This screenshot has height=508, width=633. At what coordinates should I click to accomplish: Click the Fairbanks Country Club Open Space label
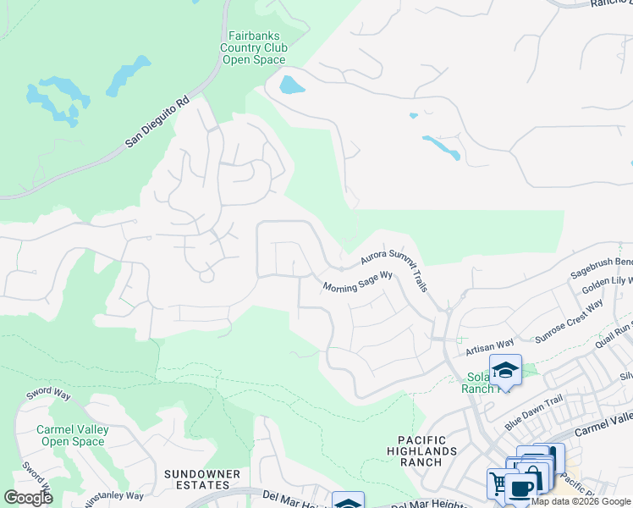tap(254, 48)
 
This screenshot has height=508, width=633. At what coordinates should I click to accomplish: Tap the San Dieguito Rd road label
tap(158, 122)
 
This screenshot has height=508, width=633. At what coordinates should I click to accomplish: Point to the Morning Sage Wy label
tap(358, 282)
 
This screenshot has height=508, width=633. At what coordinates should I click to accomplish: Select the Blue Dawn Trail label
tap(533, 402)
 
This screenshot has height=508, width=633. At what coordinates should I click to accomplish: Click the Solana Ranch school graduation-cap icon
tap(505, 371)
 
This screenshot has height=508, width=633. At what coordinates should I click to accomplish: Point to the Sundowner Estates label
tap(196, 479)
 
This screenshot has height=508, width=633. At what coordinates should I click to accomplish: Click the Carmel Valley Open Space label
tap(72, 435)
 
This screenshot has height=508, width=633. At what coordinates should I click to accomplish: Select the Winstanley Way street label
tap(115, 497)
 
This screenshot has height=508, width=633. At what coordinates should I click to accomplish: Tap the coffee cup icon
tap(522, 489)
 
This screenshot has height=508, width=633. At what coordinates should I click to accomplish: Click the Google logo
tap(28, 498)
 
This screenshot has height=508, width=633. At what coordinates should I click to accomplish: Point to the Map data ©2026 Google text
tap(581, 501)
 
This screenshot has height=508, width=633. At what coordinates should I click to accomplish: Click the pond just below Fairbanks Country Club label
tap(290, 85)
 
